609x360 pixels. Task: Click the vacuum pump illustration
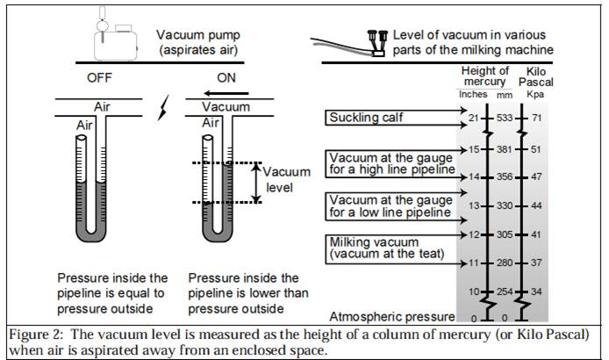[x=118, y=36]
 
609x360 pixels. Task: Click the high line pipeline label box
[x=390, y=162]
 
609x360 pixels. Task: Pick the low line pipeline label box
[x=390, y=205]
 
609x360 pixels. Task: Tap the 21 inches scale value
[x=472, y=118]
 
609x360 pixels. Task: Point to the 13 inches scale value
[x=472, y=205]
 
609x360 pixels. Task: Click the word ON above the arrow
[x=226, y=77]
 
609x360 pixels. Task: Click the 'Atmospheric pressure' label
[x=391, y=316]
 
